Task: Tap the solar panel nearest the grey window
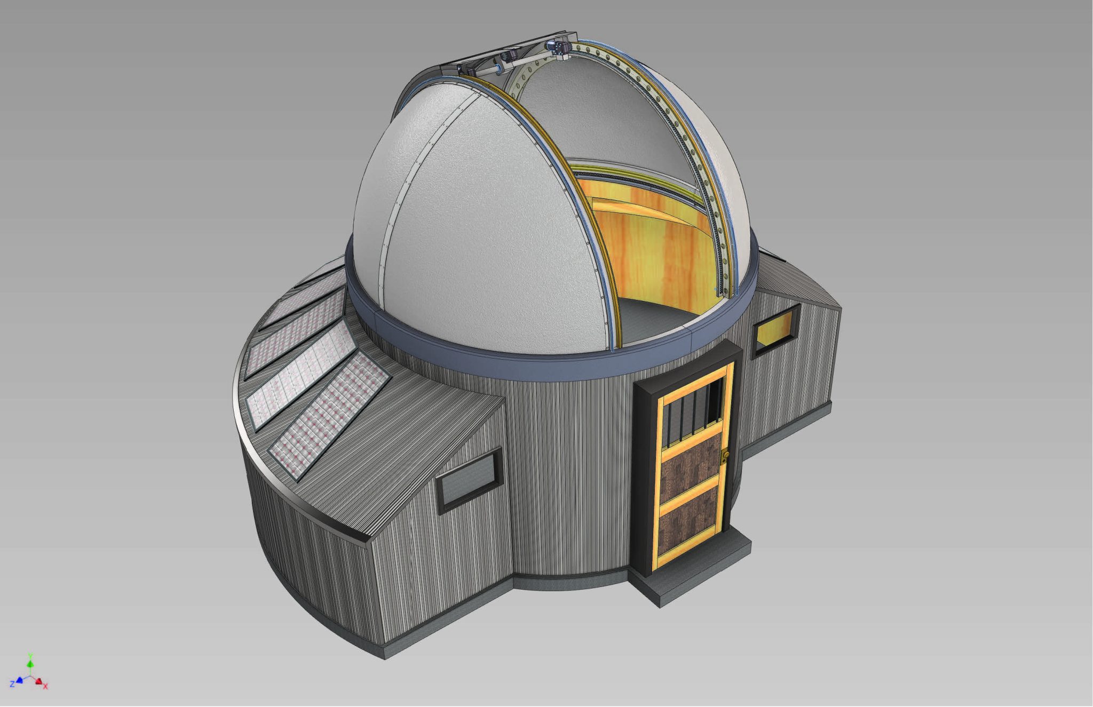[x=329, y=416]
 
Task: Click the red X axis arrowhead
[x=38, y=680]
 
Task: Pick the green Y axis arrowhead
[x=30, y=664]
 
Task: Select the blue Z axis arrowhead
[x=20, y=680]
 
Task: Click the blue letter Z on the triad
[x=12, y=684]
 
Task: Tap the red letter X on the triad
[x=46, y=687]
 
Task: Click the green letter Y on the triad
[x=31, y=655]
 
